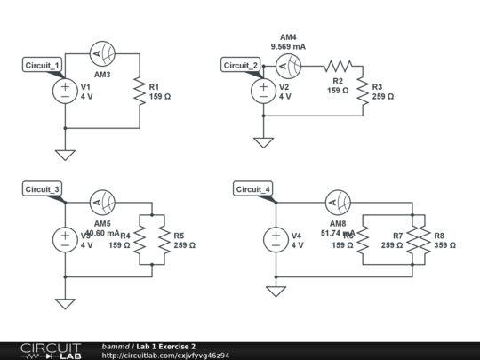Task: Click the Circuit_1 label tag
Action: tap(42, 66)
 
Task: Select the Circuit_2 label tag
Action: tap(241, 66)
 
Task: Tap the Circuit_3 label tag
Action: tap(42, 188)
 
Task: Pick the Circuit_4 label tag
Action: tap(253, 188)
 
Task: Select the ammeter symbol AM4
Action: tap(287, 66)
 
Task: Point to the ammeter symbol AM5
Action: tap(101, 201)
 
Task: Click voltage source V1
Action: tap(65, 91)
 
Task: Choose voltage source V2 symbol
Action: tap(263, 91)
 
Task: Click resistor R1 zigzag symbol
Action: tap(139, 91)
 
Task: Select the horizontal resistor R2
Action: tap(338, 66)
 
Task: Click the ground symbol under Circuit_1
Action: tap(65, 154)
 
